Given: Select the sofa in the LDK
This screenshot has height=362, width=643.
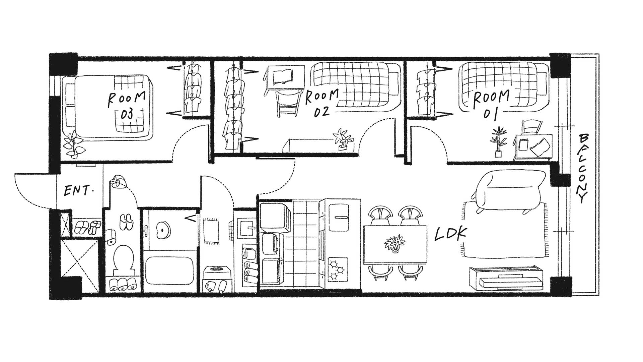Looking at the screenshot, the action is point(509,190).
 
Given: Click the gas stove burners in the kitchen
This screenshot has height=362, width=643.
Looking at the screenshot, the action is point(338,269).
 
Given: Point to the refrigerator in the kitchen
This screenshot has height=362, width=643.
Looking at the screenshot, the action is point(339,217).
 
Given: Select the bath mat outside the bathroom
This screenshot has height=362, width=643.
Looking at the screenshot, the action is point(211,231).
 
